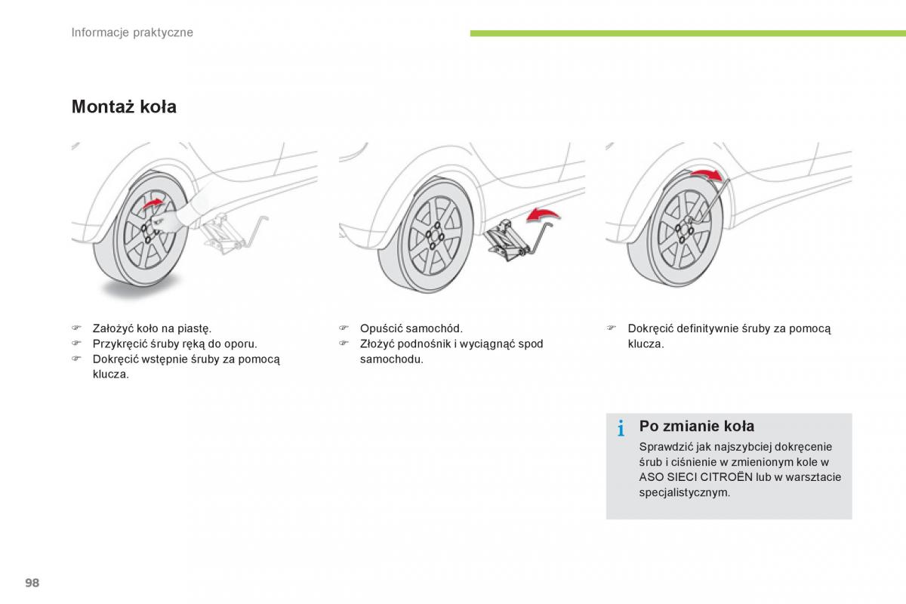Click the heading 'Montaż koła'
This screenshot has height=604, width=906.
[x=124, y=107]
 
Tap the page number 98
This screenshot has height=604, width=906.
[x=32, y=582]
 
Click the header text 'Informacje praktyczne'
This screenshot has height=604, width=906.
[x=132, y=32]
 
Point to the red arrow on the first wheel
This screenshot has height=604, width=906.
[x=153, y=204]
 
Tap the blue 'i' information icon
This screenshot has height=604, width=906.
[x=621, y=430]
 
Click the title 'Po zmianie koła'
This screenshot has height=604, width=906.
[x=696, y=427]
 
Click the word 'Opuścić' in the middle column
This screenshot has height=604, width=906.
[x=381, y=328]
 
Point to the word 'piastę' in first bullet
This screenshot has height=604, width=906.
[x=195, y=328]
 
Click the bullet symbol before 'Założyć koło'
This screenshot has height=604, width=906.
[x=76, y=328]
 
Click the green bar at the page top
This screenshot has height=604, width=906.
[x=687, y=33]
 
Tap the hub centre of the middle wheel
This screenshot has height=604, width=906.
[x=435, y=240]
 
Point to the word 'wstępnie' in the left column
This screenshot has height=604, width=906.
[x=162, y=359]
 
